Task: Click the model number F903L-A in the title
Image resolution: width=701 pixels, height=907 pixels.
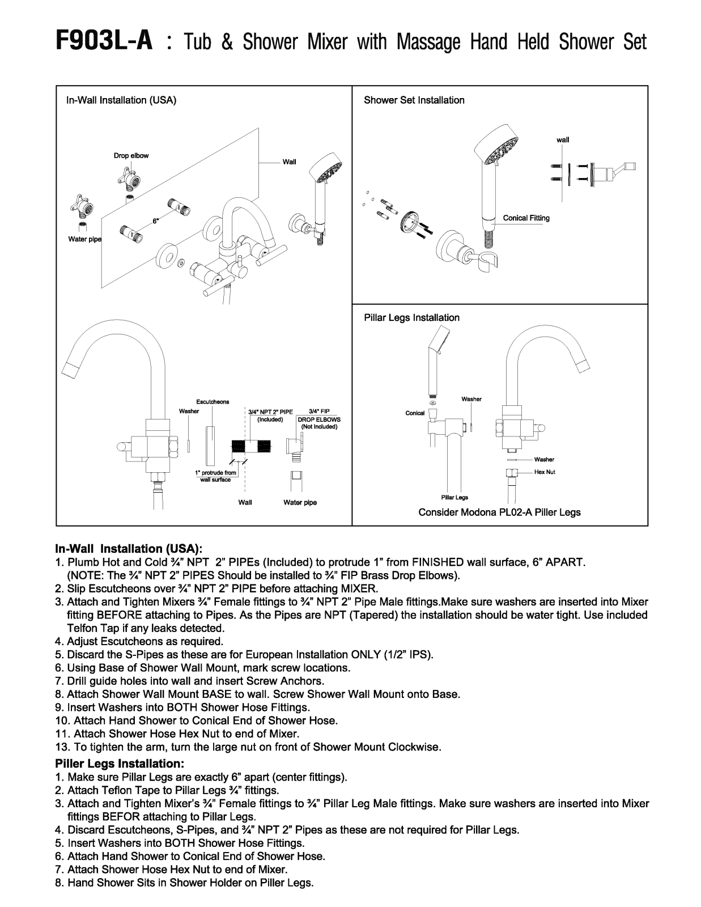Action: (104, 42)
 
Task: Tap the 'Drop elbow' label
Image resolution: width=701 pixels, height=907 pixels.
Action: (131, 156)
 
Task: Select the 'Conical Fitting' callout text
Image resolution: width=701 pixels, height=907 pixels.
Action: (526, 218)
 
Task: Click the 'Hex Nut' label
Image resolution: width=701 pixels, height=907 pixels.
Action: (545, 472)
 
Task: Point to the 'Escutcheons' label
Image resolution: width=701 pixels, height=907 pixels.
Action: (213, 402)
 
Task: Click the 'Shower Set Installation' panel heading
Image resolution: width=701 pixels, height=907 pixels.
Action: (414, 100)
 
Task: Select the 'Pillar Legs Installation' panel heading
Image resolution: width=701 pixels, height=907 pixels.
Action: (412, 317)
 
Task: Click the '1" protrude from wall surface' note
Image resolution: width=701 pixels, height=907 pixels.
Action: (216, 476)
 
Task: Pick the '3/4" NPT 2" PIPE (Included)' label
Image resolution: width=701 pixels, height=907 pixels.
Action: (270, 416)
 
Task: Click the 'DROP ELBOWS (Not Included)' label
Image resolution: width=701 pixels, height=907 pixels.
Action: (319, 423)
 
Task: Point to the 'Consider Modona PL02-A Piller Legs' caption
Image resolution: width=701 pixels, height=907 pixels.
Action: (499, 512)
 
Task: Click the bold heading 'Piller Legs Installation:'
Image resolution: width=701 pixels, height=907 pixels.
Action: (120, 764)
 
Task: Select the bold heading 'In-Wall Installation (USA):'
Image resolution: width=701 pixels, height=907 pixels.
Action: (129, 549)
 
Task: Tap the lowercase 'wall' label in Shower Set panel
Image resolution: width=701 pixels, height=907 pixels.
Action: (563, 140)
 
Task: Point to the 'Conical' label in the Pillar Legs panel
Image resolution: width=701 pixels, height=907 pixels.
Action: (415, 413)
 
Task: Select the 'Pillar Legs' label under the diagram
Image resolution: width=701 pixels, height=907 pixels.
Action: (454, 498)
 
